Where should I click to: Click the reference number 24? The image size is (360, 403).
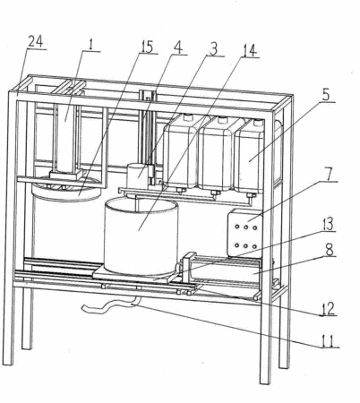(x=36, y=42)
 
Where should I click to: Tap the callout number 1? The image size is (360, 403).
(x=90, y=44)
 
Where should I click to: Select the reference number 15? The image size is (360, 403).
(x=147, y=47)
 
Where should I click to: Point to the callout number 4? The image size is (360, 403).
(x=178, y=47)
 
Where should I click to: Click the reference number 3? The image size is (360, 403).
(x=213, y=48)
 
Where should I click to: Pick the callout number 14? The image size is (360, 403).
(x=250, y=50)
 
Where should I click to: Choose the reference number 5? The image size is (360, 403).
(x=326, y=95)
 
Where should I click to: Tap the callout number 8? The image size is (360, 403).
(x=330, y=250)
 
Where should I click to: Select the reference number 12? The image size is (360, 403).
(x=328, y=309)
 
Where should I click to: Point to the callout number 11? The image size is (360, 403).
(x=329, y=341)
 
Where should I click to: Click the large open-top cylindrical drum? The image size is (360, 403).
(x=141, y=236)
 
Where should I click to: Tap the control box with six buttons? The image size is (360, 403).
(x=244, y=233)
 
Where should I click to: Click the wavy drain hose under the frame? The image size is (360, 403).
(x=109, y=306)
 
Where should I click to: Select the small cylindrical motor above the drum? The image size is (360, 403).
(x=137, y=176)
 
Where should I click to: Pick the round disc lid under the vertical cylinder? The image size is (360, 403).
(x=67, y=191)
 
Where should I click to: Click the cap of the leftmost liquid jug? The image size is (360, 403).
(x=188, y=117)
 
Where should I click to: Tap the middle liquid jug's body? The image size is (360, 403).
(x=217, y=155)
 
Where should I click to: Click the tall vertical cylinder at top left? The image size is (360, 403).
(x=66, y=138)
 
